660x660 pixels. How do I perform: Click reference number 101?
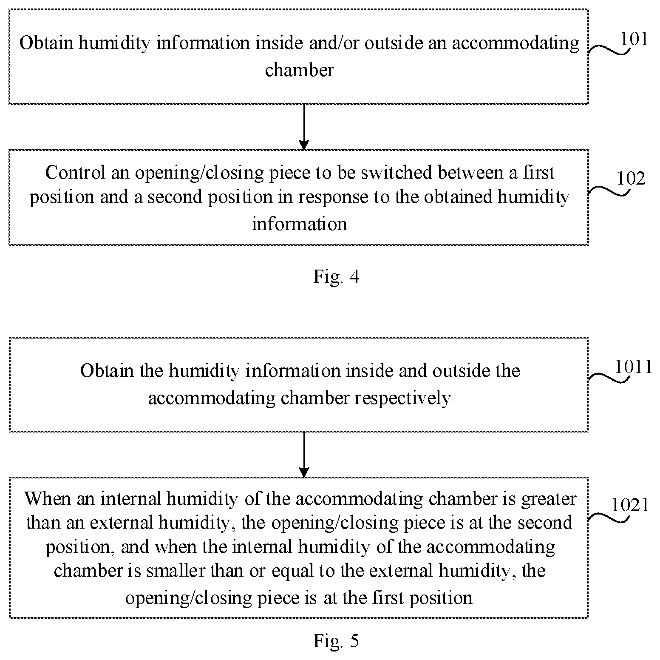(x=634, y=39)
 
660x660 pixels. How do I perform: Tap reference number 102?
(x=631, y=179)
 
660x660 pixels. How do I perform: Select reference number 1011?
(x=634, y=367)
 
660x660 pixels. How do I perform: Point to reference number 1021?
(x=630, y=505)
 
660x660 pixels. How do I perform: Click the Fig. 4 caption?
(x=336, y=277)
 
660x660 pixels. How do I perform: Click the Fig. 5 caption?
(x=336, y=640)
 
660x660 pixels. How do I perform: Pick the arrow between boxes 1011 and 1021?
(x=303, y=455)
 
